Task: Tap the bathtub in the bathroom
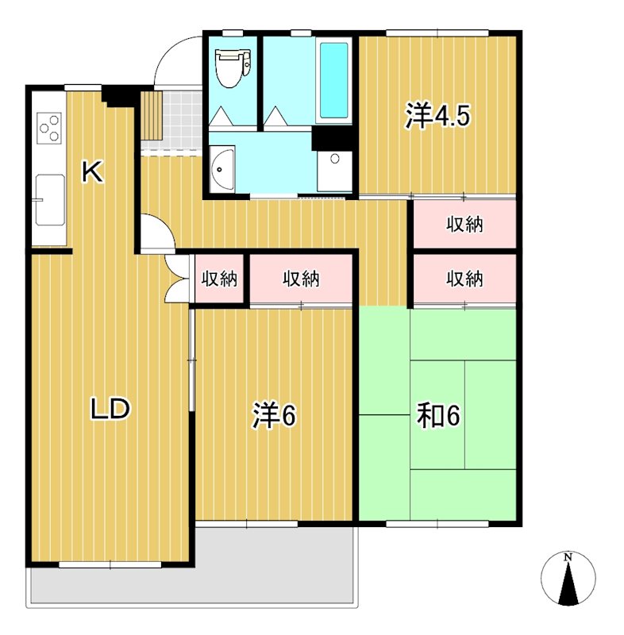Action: pos(333,80)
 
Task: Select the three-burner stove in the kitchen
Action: pos(49,129)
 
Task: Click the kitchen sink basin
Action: pos(50,200)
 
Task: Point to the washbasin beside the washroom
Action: pos(222,168)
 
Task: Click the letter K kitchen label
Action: pos(92,171)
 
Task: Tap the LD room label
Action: pos(110,409)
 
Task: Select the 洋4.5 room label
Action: pos(437,116)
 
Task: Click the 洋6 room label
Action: pos(274,414)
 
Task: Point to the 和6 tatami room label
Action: pos(438,415)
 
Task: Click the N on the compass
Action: pos(568,557)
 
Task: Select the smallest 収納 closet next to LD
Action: pos(219,279)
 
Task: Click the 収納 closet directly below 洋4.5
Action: pos(464,224)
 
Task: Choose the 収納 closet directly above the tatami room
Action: pos(464,279)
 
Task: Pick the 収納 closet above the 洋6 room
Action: pos(301,279)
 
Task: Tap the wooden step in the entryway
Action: pos(152,115)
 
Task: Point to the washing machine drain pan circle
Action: pos(335,159)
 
